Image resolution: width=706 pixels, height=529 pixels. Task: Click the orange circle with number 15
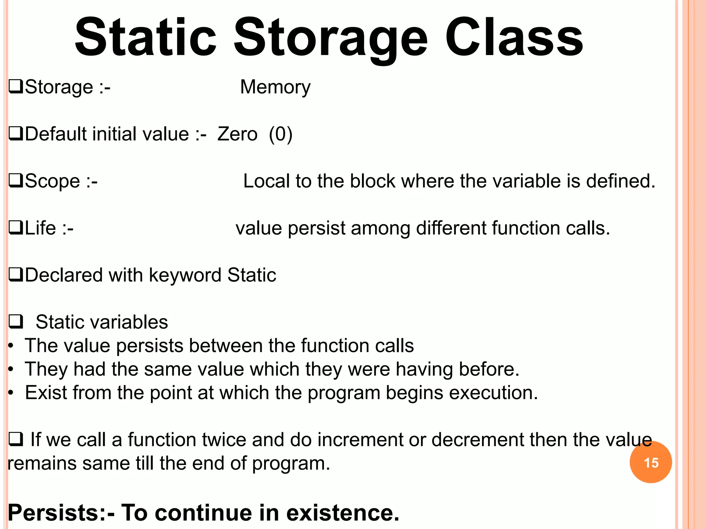(650, 462)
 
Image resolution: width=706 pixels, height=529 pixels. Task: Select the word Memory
(275, 87)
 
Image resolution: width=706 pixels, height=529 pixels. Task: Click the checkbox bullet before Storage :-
(16, 86)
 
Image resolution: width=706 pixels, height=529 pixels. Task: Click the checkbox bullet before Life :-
(16, 228)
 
